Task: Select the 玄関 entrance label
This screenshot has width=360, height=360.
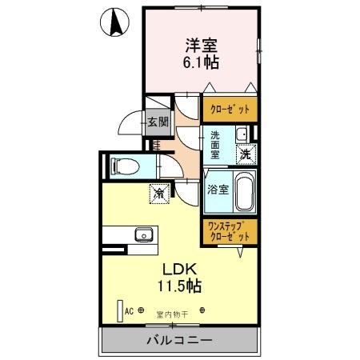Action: point(158,122)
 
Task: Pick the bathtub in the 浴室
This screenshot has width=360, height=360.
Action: point(243,190)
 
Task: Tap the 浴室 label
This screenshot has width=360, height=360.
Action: point(218,190)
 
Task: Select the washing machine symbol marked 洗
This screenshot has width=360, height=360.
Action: point(247,154)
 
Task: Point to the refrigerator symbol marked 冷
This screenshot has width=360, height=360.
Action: point(159,192)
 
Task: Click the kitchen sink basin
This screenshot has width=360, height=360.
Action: point(144,234)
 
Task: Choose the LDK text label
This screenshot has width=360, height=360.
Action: point(182,269)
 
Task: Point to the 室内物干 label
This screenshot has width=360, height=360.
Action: point(172,314)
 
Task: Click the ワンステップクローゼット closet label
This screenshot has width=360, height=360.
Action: point(230,232)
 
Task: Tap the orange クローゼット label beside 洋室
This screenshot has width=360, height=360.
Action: point(230,109)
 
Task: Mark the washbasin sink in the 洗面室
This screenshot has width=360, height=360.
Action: point(242,134)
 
